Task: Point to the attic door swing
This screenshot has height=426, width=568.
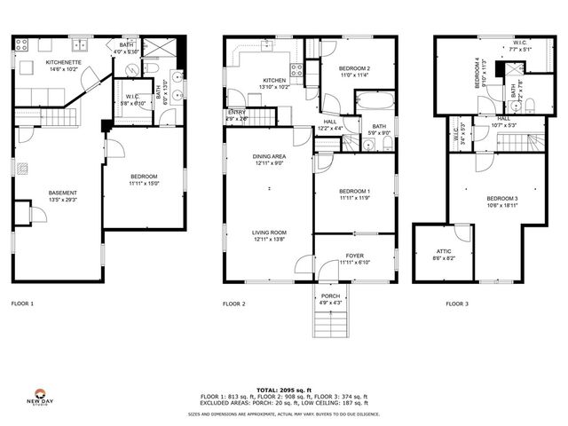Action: pos(462,233)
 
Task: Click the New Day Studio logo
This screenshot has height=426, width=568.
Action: pos(39,396)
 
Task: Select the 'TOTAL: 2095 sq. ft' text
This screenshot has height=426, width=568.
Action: pos(283,390)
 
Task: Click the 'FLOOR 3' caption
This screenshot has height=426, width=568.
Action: pos(458,304)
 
